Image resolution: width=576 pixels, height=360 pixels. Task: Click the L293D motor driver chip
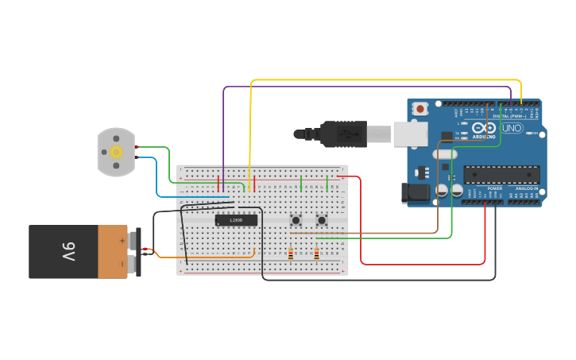coord(236,220)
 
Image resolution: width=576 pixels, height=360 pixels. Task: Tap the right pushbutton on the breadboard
coord(322,220)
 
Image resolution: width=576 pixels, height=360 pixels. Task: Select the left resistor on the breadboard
coord(291,254)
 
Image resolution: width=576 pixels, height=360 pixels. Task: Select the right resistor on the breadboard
coord(316,254)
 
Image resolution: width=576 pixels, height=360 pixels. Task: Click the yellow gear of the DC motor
coord(117,152)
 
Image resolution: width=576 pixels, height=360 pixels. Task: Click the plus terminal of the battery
coord(123,239)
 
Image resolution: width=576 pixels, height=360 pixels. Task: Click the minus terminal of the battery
coord(123,263)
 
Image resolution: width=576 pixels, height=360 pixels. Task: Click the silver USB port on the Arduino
coord(410,134)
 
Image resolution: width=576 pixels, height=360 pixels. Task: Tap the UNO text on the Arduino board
coord(512,128)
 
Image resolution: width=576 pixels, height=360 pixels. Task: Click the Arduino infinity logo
coord(484,128)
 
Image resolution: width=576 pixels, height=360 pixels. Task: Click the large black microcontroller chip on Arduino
coord(501,174)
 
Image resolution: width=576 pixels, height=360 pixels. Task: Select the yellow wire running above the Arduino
coord(381,80)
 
